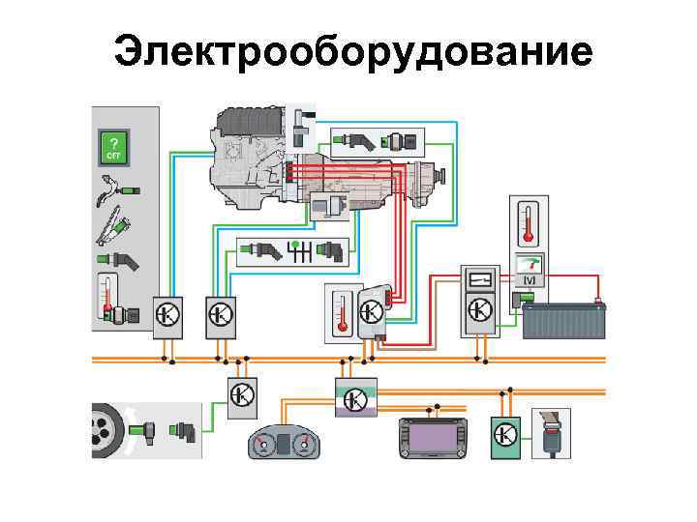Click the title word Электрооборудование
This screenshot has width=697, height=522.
pos(352,52)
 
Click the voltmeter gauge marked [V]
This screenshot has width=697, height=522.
pos(529,271)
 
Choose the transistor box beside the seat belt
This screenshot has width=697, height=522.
pos(504,435)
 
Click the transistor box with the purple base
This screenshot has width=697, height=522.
pos(354,397)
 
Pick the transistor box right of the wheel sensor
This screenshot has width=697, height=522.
pos(242,395)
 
